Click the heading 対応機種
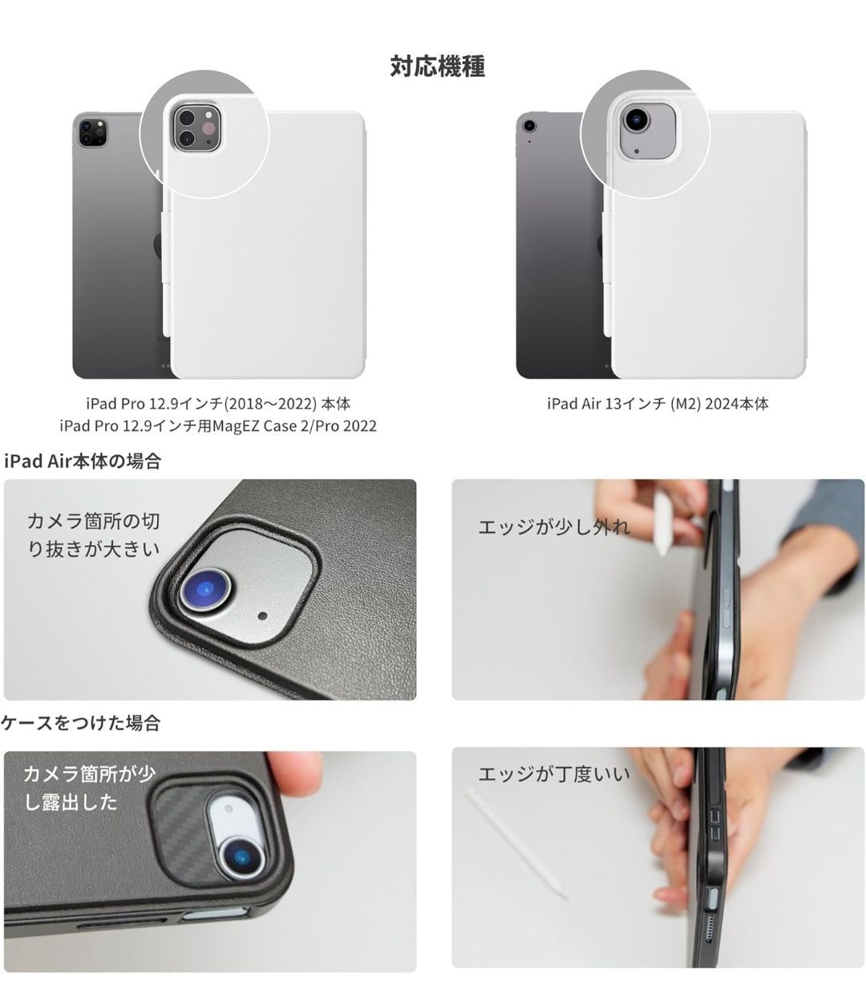pyautogui.click(x=437, y=66)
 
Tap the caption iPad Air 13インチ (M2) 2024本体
pyautogui.click(x=658, y=403)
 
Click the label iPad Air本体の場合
pyautogui.click(x=83, y=461)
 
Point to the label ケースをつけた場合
pyautogui.click(x=81, y=723)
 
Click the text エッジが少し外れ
pyautogui.click(x=554, y=527)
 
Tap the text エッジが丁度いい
pyautogui.click(x=553, y=773)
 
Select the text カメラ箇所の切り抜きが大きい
pyautogui.click(x=94, y=535)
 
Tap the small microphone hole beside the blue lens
pyautogui.click(x=263, y=616)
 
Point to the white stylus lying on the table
pyautogui.click(x=517, y=842)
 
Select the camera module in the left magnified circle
pyautogui.click(x=195, y=127)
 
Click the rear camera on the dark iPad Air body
pyautogui.click(x=528, y=124)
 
